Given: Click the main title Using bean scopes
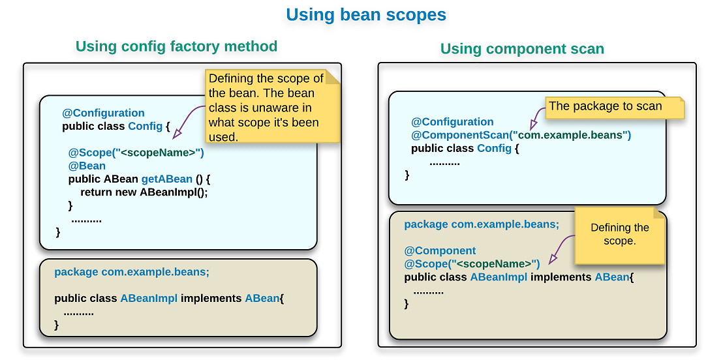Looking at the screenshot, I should [366, 15].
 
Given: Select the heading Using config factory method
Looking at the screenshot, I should [176, 46].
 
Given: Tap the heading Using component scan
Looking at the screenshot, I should [522, 49].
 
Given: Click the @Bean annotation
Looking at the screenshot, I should [87, 166].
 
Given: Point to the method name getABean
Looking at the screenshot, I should [167, 179].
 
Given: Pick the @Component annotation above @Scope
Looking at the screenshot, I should [440, 250].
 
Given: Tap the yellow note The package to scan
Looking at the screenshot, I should [613, 107].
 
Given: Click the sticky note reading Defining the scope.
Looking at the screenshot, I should [619, 234].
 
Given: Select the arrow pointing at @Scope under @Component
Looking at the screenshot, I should [560, 251].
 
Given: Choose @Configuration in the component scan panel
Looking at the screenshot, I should [452, 122].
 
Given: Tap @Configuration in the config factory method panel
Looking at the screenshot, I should [103, 113].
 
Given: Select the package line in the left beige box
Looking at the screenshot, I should [132, 272].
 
